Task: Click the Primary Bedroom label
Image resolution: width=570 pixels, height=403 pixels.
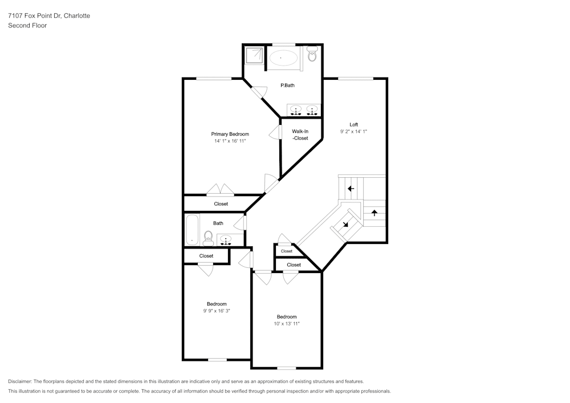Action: tap(230, 134)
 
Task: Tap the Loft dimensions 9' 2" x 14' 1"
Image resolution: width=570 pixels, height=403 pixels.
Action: tap(353, 132)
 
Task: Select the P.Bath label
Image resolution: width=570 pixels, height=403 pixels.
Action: tap(287, 86)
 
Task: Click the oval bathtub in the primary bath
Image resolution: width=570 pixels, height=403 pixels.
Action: tap(283, 58)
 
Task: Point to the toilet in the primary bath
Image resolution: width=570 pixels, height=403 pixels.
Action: tap(312, 54)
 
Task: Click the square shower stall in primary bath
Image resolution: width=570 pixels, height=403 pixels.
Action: tap(254, 56)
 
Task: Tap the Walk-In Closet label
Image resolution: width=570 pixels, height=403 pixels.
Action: tap(300, 135)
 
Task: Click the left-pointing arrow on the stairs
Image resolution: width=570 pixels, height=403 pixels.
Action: tap(351, 189)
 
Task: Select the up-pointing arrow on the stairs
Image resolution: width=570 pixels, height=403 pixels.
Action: tap(374, 213)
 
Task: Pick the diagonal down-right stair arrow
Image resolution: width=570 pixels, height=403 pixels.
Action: tap(345, 224)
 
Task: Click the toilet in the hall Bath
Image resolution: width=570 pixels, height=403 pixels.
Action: tap(208, 238)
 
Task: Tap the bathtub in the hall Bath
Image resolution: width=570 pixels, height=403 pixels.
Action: tap(192, 230)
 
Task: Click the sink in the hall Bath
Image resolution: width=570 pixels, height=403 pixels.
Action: tap(226, 240)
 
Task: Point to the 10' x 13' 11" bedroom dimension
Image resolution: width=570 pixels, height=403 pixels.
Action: tap(287, 324)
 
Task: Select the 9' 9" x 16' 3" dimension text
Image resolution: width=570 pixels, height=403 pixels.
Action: tap(217, 311)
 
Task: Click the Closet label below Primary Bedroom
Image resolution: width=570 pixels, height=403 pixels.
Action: tap(221, 204)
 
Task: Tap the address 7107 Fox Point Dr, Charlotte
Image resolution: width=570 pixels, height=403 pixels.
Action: tap(49, 15)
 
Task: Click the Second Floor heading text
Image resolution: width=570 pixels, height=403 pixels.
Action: tap(27, 26)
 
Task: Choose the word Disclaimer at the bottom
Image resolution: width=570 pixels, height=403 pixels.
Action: tap(19, 381)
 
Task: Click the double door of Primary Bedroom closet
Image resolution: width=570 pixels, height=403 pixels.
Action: tap(220, 189)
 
